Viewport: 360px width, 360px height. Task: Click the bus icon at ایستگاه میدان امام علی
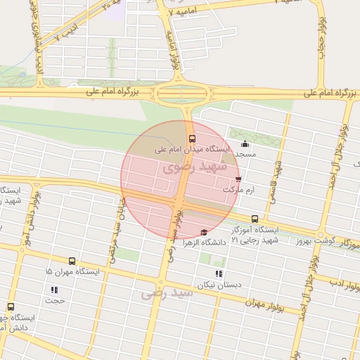(192, 139)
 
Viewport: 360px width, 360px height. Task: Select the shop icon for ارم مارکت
(238, 179)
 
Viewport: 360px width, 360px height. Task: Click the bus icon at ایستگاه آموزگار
(255, 219)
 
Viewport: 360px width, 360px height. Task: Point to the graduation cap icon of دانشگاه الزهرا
(204, 233)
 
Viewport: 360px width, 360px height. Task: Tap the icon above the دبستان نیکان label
(219, 274)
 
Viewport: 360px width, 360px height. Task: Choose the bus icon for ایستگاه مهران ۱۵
(72, 261)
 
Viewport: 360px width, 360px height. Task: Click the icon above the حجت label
(54, 290)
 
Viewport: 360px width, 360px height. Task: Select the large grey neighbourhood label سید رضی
(167, 292)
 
